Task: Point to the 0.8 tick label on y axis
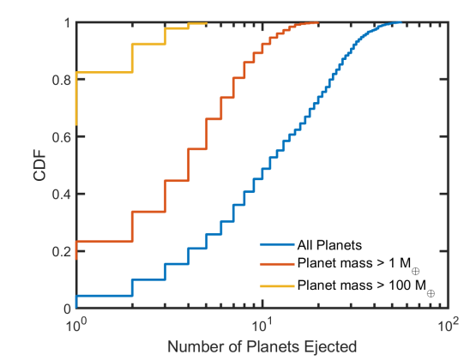62,80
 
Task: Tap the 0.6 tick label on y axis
62,136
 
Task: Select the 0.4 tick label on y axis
62,194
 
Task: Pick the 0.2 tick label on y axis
62,251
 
